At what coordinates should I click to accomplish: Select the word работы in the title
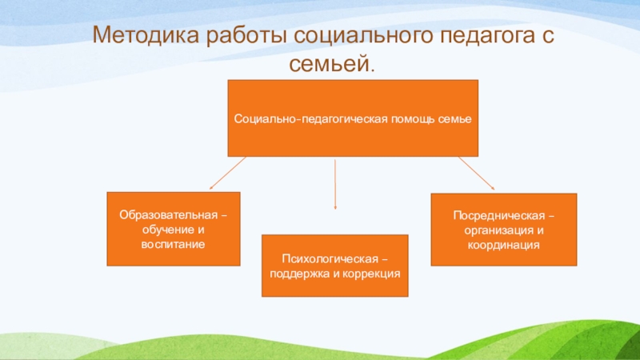(246, 37)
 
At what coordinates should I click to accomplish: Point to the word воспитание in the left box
(174, 242)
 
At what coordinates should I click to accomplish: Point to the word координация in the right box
(504, 244)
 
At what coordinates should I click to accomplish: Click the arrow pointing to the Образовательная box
(226, 174)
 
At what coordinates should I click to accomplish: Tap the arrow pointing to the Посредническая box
(477, 174)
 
